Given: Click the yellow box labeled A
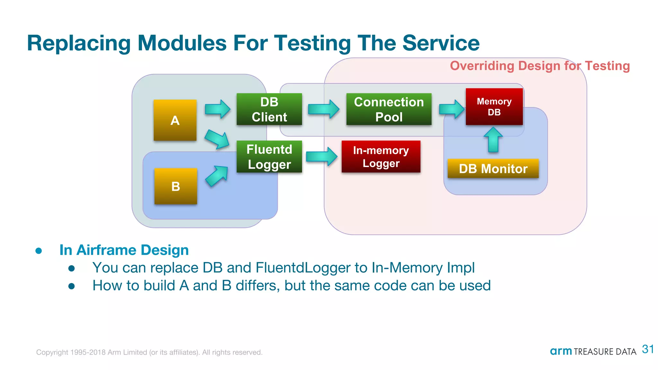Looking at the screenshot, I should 175,120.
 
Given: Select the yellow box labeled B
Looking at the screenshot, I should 175,186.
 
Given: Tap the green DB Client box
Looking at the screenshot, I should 269,109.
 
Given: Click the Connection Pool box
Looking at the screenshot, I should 389,109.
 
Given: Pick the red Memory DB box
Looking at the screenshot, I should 494,107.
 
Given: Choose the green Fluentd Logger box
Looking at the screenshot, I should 269,156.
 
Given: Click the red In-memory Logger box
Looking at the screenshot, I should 381,156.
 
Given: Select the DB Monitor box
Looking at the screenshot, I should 493,168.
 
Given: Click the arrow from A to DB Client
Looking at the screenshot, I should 218,109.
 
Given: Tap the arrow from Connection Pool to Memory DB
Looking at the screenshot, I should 452,109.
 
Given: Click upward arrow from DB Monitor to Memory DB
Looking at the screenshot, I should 493,139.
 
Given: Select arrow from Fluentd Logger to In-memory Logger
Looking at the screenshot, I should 322,156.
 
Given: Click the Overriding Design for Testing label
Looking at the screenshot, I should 539,66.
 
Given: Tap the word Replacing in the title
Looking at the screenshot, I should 79,43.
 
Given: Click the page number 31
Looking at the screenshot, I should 647,349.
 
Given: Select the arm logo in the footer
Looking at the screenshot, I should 561,351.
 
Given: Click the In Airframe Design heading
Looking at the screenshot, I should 124,250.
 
